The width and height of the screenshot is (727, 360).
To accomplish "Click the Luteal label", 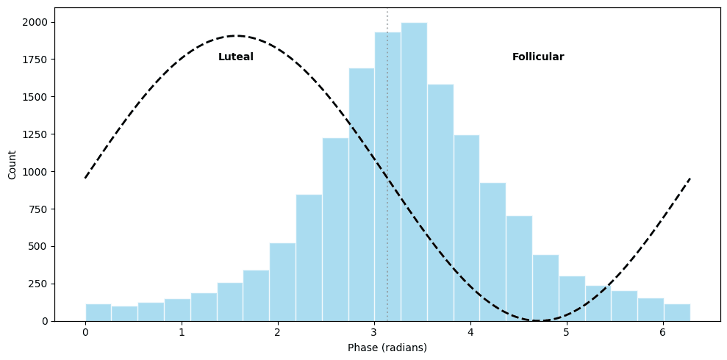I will point(236,57).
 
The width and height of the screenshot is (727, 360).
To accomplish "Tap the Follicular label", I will point(538,57).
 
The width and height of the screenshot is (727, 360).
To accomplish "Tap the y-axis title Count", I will point(12,165).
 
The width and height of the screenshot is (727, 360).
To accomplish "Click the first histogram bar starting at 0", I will point(99,312).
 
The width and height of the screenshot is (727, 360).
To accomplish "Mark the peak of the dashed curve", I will point(236,35).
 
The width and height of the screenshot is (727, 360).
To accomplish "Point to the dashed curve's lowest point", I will point(539,320).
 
